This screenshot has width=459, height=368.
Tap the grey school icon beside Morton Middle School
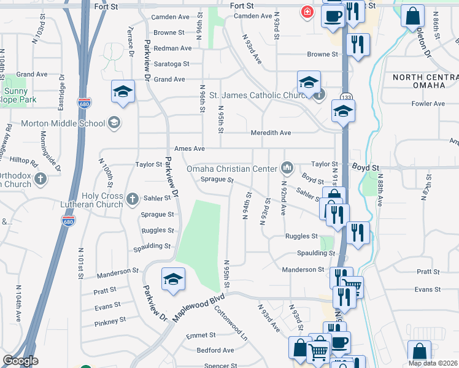(x=113, y=123)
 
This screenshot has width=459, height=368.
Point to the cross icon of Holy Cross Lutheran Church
(x=132, y=198)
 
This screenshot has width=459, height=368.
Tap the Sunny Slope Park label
(x=19, y=95)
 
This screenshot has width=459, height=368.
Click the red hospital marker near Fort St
(x=306, y=12)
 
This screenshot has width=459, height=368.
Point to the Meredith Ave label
(x=271, y=132)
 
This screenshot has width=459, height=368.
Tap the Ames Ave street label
(x=189, y=148)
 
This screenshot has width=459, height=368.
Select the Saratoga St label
(x=171, y=64)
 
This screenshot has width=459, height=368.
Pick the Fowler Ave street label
(x=428, y=104)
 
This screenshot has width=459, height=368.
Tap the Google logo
(x=21, y=361)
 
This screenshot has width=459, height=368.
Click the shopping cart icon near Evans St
(x=352, y=285)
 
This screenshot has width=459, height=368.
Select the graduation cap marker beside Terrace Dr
(x=123, y=92)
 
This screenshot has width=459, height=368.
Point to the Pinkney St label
(x=110, y=320)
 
